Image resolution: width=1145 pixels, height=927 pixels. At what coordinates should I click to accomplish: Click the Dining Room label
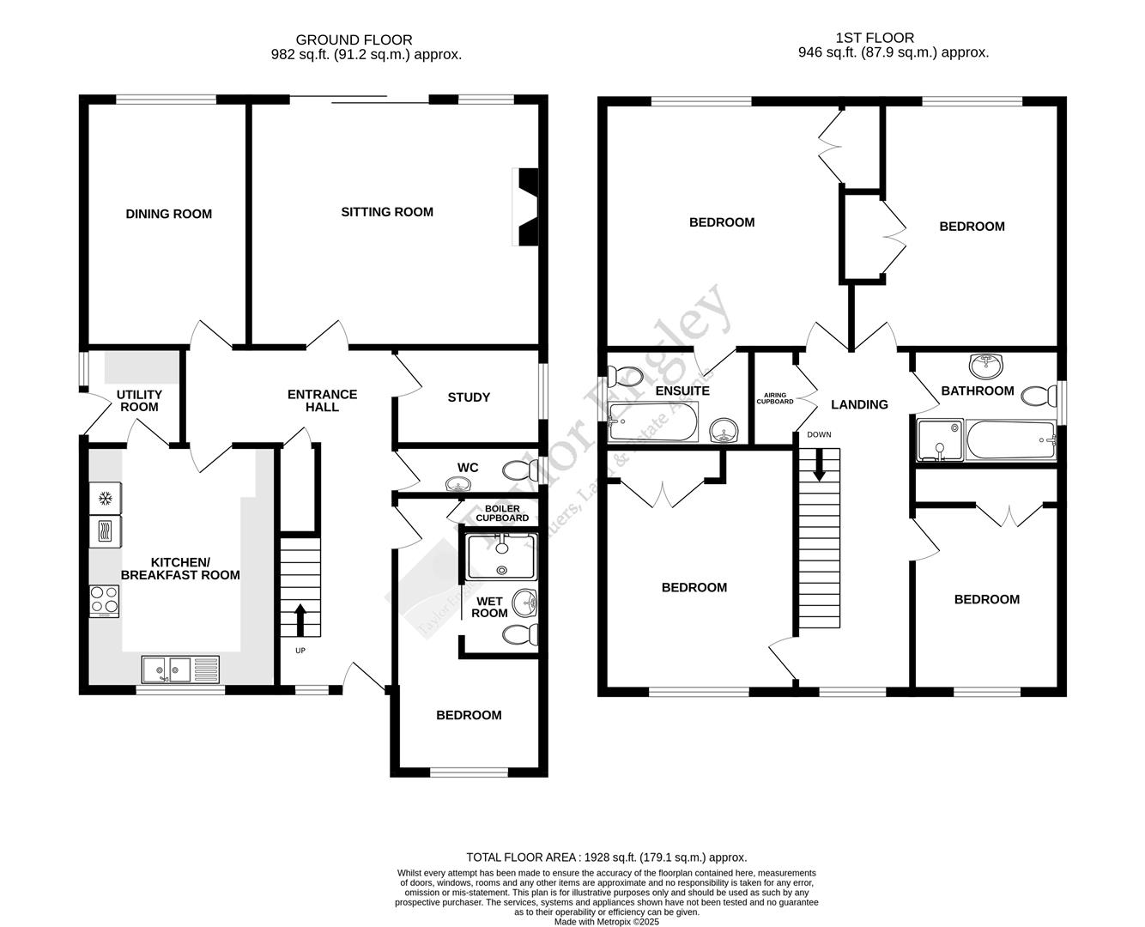(x=168, y=214)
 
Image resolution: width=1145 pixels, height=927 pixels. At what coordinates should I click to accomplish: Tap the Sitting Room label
(x=387, y=212)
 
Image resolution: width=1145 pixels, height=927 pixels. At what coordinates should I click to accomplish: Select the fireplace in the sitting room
(x=526, y=206)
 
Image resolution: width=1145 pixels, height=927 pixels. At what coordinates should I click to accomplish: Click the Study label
(x=469, y=397)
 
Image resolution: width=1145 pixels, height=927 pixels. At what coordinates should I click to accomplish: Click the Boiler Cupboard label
(x=502, y=513)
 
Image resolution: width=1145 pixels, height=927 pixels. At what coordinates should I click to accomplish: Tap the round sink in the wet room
(x=524, y=603)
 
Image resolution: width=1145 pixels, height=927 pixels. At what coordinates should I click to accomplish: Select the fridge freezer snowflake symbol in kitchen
(x=106, y=498)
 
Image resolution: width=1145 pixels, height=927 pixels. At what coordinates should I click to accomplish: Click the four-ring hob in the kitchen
(x=105, y=600)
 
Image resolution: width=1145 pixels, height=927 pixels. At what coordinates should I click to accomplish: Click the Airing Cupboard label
(x=774, y=398)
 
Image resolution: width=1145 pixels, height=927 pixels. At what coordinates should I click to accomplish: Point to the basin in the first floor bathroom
(x=985, y=367)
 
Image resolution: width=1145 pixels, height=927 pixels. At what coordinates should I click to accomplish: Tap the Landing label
(x=859, y=404)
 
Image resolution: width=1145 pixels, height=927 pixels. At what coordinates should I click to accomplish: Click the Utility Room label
(x=139, y=401)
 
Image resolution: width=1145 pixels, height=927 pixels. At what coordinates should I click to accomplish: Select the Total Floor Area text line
(x=606, y=857)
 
